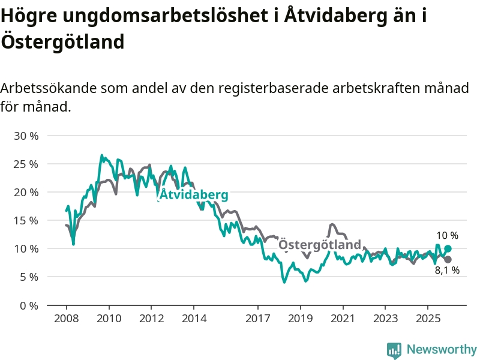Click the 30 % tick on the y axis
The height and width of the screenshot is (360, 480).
coord(26,136)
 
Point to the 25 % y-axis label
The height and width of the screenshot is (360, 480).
coord(26,164)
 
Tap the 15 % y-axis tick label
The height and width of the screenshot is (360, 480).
coord(26,221)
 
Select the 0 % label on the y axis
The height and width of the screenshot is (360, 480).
coord(29,305)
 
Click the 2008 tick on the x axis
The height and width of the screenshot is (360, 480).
coord(67,318)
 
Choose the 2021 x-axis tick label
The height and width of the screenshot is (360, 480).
coord(342,318)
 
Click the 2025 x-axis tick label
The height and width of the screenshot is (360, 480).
coord(427,318)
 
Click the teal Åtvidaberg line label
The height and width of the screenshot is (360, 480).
coord(194,195)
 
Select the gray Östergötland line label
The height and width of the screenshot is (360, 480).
coord(320,245)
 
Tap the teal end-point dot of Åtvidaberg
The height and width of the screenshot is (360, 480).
coord(448,248)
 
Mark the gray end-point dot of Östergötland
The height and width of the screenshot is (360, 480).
coord(448,259)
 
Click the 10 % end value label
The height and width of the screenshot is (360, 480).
coord(447,236)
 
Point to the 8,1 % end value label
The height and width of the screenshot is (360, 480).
coord(447,271)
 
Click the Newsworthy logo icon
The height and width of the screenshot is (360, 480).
coord(394,349)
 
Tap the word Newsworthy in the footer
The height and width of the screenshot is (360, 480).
coord(442,349)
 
